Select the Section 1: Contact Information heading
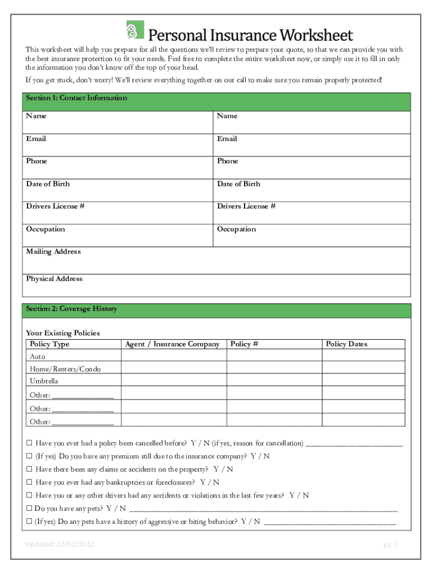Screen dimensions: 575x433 tap(76, 98)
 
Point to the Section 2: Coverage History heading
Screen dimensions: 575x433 tap(71, 309)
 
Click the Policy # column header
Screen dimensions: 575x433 tap(244, 344)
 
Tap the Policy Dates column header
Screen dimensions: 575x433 tap(346, 344)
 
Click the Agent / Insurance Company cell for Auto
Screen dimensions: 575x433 tap(173, 357)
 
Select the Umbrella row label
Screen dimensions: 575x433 tap(44, 381)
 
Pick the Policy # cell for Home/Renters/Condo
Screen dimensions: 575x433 tap(274, 369)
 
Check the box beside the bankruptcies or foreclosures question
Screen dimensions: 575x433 tap(29, 482)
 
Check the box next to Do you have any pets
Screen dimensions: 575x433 tap(29, 509)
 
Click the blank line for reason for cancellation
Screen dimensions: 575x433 tap(354, 443)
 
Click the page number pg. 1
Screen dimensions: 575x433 tap(390, 545)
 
